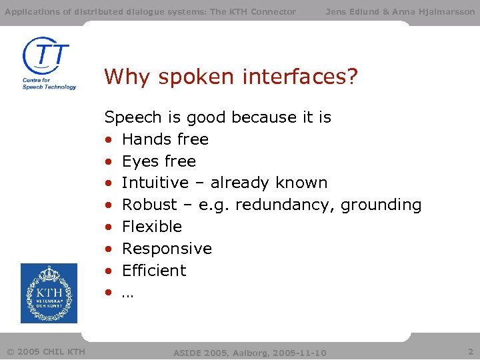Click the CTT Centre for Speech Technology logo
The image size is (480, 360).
click(x=49, y=63)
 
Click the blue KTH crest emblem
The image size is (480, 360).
click(x=49, y=293)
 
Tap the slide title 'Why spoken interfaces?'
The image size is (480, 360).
click(x=231, y=77)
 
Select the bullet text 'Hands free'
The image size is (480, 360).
click(x=165, y=139)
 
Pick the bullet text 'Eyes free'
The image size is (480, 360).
click(x=159, y=161)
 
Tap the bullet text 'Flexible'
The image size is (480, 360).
click(x=151, y=227)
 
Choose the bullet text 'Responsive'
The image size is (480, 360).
click(x=167, y=249)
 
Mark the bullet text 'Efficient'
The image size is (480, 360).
click(x=154, y=271)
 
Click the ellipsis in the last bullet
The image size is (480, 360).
click(x=127, y=294)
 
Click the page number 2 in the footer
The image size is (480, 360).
click(x=471, y=351)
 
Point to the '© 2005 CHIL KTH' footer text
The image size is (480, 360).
click(x=46, y=351)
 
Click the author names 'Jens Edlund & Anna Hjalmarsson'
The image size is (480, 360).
click(x=400, y=11)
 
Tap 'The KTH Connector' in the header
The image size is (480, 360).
click(x=253, y=11)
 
